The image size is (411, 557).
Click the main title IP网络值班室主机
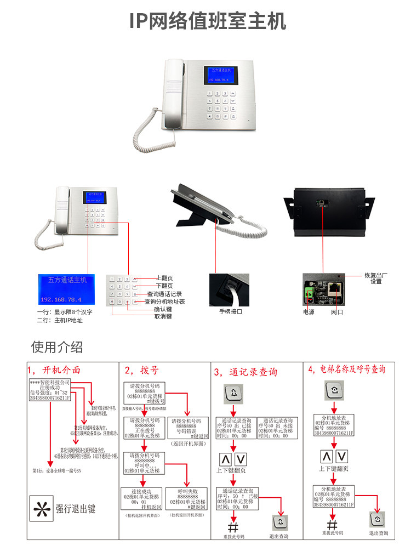[208, 21]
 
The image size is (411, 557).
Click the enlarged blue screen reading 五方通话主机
[66, 289]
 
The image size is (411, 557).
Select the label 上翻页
[164, 278]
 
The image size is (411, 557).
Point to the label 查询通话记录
[164, 294]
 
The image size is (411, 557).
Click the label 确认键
[163, 309]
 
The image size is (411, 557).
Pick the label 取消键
[163, 316]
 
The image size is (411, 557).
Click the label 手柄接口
[231, 311]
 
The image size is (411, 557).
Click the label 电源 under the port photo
[309, 311]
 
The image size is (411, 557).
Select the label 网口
[336, 311]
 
